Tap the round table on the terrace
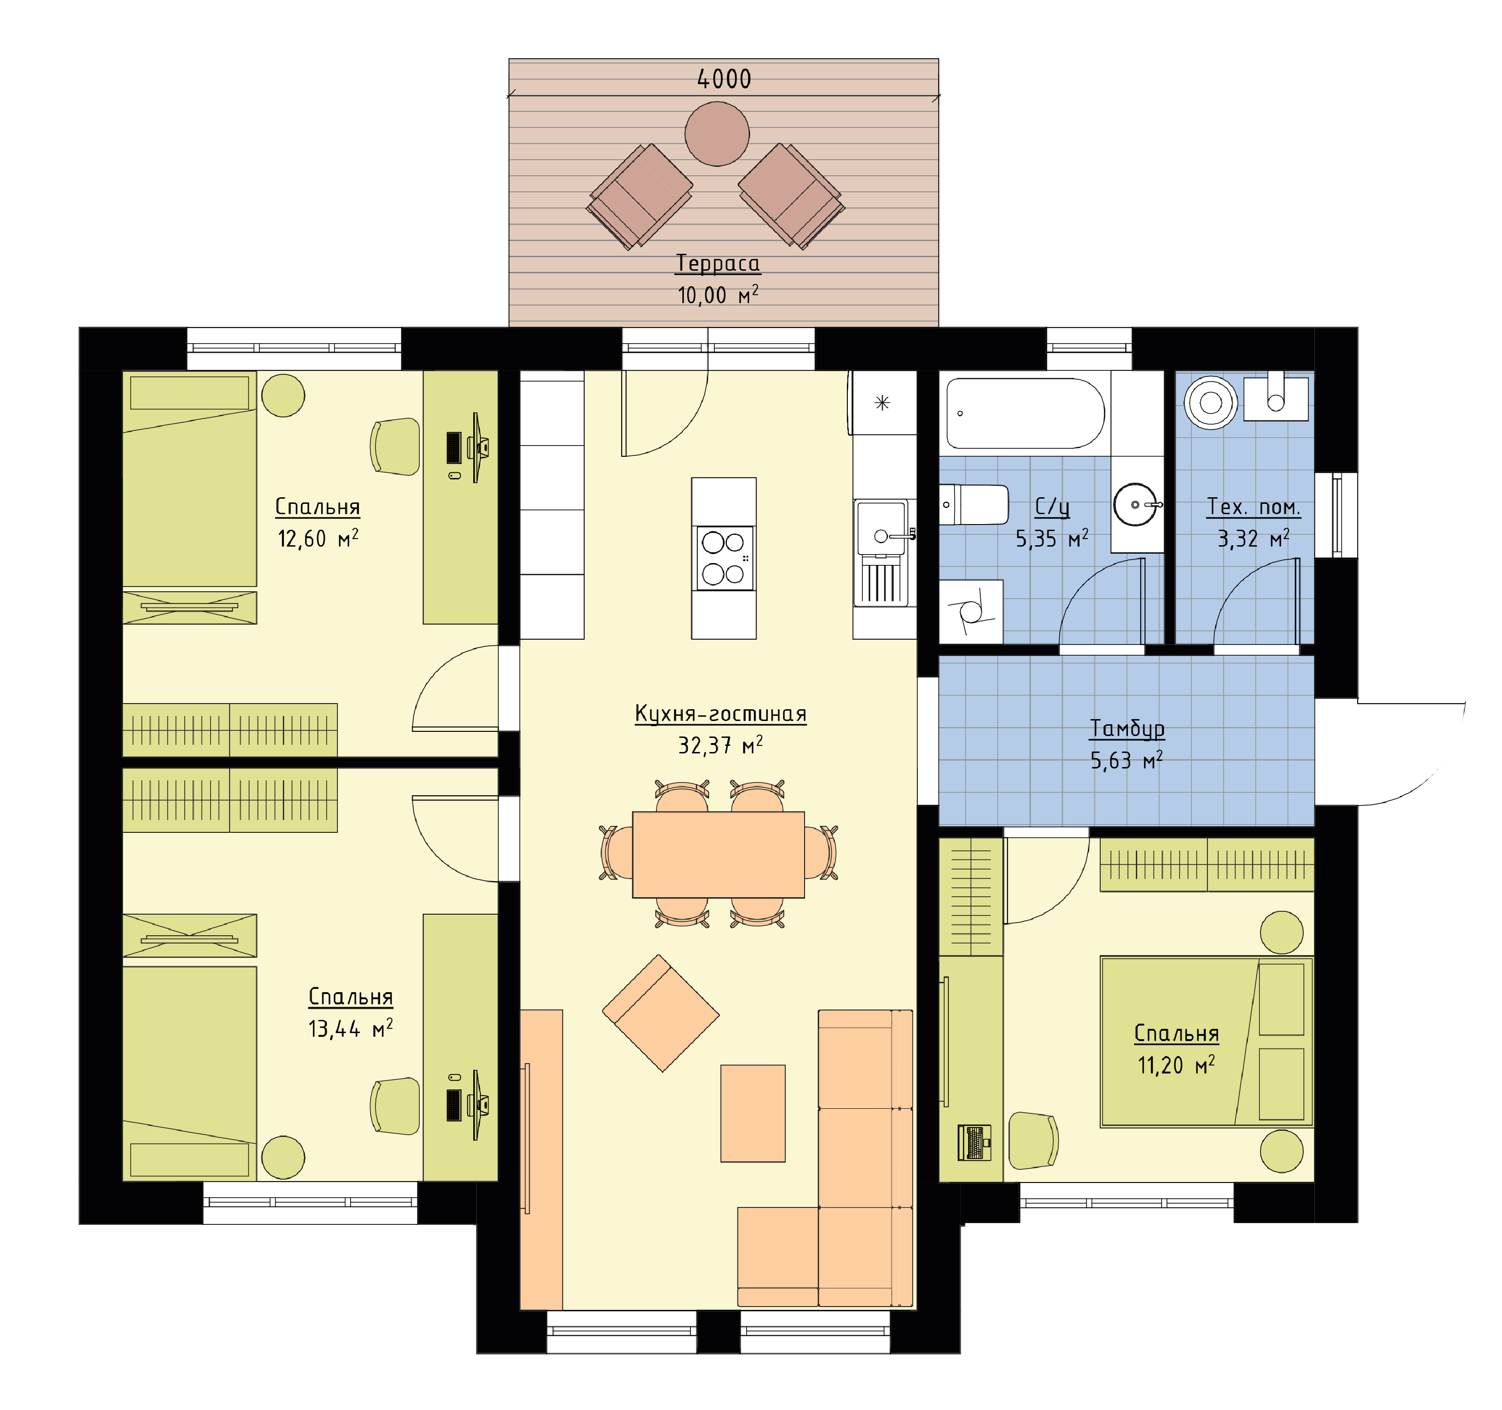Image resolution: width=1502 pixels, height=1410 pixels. (717, 134)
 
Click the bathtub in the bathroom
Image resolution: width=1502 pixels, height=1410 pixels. (1025, 413)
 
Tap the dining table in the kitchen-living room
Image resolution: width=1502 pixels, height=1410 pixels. (719, 854)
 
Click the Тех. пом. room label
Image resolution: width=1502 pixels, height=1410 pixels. (1253, 507)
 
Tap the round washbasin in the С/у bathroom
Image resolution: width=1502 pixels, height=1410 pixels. (1135, 504)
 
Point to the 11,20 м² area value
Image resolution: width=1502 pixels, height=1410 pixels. (1176, 1065)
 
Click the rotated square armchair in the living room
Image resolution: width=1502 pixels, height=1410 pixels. (660, 1013)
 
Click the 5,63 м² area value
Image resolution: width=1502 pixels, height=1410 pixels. (1126, 760)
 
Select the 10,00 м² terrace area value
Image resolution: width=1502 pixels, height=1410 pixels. (718, 295)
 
